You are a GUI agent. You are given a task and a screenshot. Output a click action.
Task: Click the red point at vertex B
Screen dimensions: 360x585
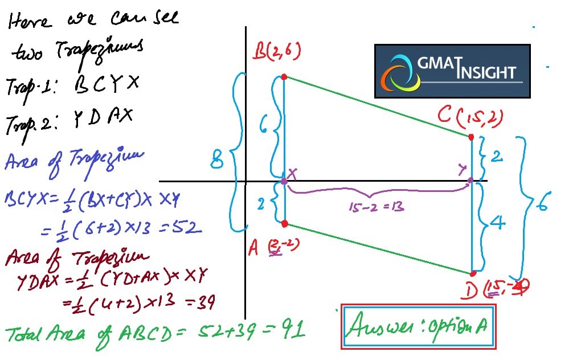284,76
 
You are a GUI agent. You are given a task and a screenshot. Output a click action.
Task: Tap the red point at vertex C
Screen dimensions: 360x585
471,137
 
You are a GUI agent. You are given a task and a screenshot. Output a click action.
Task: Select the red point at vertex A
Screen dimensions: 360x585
284,223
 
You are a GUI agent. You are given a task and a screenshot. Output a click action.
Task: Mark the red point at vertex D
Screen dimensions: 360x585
473,274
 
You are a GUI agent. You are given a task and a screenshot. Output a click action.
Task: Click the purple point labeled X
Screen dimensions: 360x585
284,181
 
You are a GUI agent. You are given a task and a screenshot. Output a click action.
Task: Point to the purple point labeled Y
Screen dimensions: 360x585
471,181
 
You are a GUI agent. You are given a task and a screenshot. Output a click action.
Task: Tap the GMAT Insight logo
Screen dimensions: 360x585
452,71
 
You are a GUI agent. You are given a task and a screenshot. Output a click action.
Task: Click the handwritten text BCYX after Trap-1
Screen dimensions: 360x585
107,85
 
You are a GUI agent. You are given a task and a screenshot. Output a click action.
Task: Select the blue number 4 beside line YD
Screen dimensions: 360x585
498,223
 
